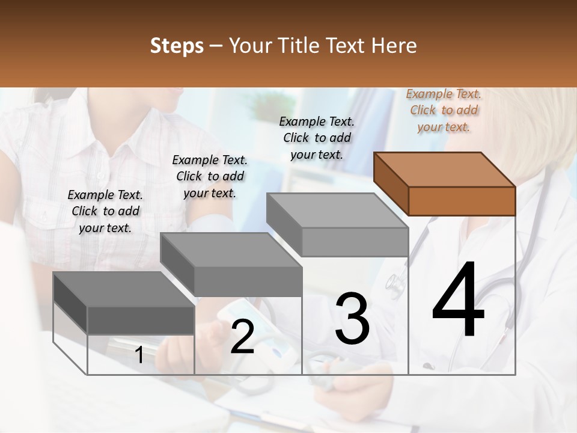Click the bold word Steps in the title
177,46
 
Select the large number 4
458,301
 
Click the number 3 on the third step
352,319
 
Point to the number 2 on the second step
242,337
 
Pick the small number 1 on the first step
139,355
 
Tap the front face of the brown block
462,201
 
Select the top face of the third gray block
337,210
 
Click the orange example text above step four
444,111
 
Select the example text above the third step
317,138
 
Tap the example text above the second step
210,176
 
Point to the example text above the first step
105,211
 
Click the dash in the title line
216,46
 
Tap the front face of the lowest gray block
141,320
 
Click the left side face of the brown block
391,183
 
